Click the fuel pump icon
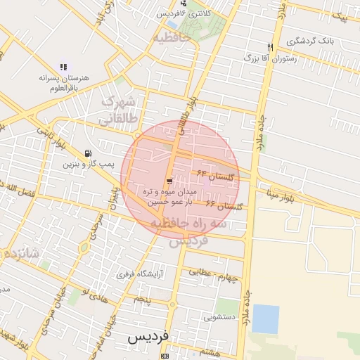(x=87, y=153)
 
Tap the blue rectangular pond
(x=265, y=319)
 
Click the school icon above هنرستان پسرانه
(x=63, y=67)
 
